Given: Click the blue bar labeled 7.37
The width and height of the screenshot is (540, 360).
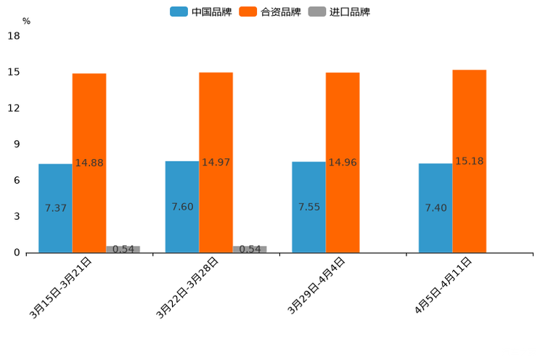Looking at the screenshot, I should (x=55, y=208).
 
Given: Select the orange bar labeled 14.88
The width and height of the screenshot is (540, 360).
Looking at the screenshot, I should (x=89, y=163).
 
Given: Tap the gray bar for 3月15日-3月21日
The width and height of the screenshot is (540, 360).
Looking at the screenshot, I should (x=123, y=249).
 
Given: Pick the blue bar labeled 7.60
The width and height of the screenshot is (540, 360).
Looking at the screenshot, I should (x=182, y=207).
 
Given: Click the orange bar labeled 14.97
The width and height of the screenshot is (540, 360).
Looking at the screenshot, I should (x=216, y=163).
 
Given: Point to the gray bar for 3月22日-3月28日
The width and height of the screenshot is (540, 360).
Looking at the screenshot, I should (x=250, y=249).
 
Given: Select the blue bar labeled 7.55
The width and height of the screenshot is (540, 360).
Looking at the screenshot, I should (x=308, y=207).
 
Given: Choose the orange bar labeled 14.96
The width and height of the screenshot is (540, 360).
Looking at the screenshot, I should (x=343, y=163).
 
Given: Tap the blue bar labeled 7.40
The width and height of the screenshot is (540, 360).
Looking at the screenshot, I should (x=435, y=208).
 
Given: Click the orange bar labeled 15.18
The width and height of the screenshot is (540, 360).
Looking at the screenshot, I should (x=469, y=161).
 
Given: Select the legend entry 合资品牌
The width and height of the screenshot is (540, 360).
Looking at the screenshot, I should (x=270, y=12).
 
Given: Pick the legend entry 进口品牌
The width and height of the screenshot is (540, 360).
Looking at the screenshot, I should (x=339, y=12).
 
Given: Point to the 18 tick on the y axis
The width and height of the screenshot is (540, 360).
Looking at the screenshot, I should (x=13, y=36).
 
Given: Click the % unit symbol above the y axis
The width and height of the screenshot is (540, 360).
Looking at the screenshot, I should (x=26, y=21).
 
